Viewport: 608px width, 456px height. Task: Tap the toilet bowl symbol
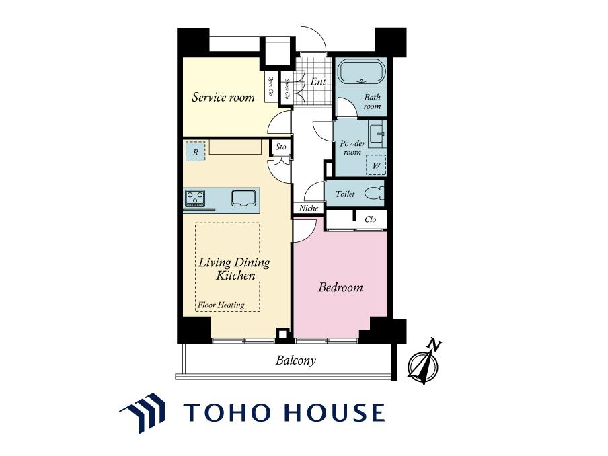point(375,194)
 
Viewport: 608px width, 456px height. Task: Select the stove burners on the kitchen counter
point(195,198)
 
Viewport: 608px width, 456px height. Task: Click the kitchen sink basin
point(243,198)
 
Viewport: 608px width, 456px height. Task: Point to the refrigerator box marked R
point(196,151)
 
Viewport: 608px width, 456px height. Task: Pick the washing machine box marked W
point(376,165)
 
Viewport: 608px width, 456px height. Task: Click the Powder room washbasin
point(377,134)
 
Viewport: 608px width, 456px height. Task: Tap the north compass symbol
point(424,363)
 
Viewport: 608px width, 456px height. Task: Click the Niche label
point(309,208)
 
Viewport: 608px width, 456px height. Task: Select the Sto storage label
point(280,147)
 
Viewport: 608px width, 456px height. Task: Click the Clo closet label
point(371,219)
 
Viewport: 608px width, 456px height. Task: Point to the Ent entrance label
point(318,82)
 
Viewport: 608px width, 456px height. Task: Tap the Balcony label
point(295,360)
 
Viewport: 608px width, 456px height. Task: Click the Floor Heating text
point(221,305)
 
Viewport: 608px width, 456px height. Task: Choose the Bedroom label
point(340,287)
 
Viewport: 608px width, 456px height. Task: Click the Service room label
point(223,97)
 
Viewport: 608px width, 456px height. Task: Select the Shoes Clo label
point(287,89)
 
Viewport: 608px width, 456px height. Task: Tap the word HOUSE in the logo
point(335,412)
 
